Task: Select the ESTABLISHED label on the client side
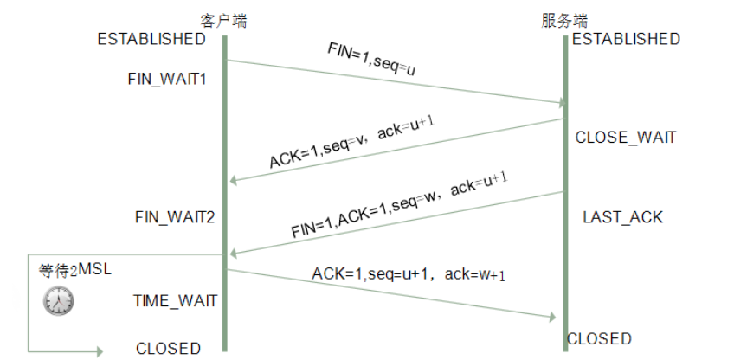tap(151, 39)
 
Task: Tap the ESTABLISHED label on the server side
tap(626, 39)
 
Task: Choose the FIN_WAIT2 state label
tap(175, 216)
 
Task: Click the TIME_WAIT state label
tap(175, 301)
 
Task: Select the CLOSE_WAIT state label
tap(625, 138)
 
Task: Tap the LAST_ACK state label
tap(622, 217)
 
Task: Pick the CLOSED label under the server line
tap(599, 338)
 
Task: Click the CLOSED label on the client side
tap(168, 349)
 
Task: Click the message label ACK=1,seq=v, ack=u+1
tap(351, 144)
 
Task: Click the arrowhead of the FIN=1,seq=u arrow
tap(558, 103)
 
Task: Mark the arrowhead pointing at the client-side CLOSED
tap(98, 351)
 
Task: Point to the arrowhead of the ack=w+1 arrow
tap(550, 318)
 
